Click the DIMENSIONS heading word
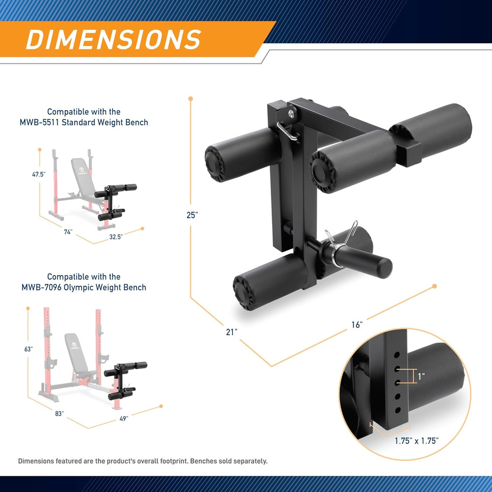pyautogui.click(x=113, y=39)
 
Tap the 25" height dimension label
pyautogui.click(x=192, y=215)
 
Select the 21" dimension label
pyautogui.click(x=232, y=332)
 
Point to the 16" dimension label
pyautogui.click(x=357, y=325)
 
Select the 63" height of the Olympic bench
pyautogui.click(x=29, y=349)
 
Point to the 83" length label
pyautogui.click(x=59, y=414)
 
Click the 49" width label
pyautogui.click(x=123, y=419)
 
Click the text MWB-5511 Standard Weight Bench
pyautogui.click(x=97, y=122)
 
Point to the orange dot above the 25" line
pyautogui.click(x=190, y=98)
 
